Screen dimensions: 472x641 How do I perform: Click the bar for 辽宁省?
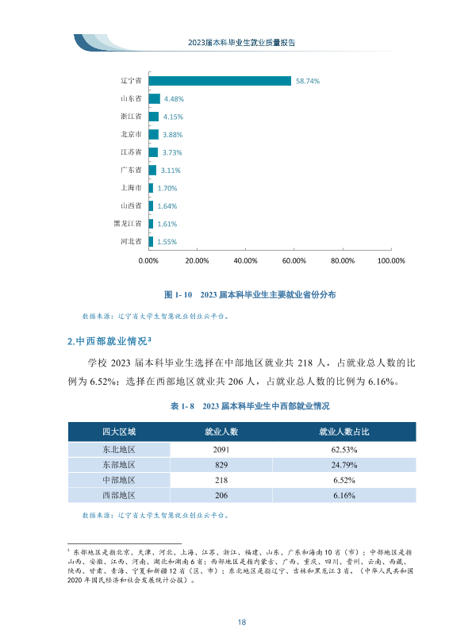click(220, 81)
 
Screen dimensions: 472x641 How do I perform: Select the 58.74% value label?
click(308, 82)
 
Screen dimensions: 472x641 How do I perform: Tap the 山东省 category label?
click(131, 98)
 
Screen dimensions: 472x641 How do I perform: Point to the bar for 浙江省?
click(154, 117)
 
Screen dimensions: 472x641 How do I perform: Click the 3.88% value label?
click(172, 135)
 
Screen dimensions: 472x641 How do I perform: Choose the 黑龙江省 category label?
click(128, 224)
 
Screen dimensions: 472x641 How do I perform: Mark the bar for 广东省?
click(152, 170)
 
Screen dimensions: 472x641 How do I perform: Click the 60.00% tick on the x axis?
click(294, 261)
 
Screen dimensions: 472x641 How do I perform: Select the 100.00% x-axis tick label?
click(391, 261)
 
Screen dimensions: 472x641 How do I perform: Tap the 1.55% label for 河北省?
click(167, 242)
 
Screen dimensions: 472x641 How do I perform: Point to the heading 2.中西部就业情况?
click(109, 341)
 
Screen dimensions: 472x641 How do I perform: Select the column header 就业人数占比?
click(344, 432)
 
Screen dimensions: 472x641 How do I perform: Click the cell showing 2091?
click(221, 450)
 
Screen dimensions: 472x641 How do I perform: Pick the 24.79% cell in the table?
click(344, 465)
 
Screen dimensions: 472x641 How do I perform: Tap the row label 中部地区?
click(119, 480)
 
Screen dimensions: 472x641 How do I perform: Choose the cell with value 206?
click(221, 496)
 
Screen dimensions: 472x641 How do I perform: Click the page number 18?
click(241, 622)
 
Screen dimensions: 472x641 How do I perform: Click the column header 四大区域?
click(119, 432)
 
